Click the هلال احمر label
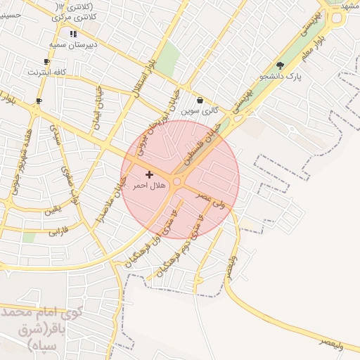pyautogui.click(x=149, y=186)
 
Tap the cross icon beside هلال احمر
pyautogui.click(x=149, y=174)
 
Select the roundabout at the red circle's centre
pyautogui.click(x=178, y=182)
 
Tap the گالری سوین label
pyautogui.click(x=200, y=111)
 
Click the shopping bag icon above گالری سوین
pyautogui.click(x=200, y=101)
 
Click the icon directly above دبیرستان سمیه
pyautogui.click(x=73, y=34)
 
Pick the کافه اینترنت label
pyautogui.click(x=46, y=72)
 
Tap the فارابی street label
pyautogui.click(x=59, y=230)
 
